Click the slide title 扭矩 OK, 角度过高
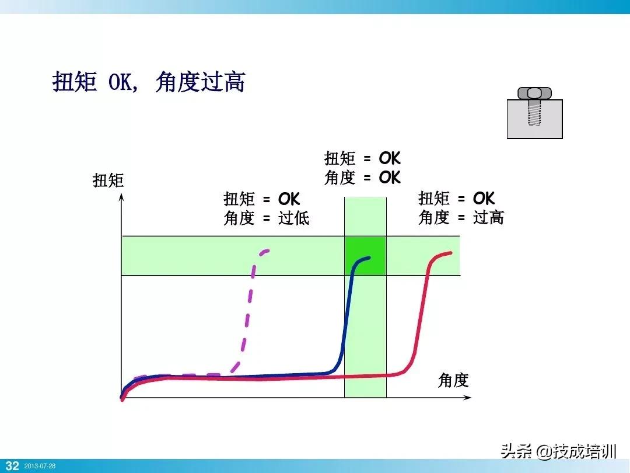tap(148, 83)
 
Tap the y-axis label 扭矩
tap(108, 180)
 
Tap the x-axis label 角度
tap(453, 381)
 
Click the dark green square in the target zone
tap(365, 256)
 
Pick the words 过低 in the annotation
tap(293, 218)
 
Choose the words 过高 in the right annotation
tap(488, 218)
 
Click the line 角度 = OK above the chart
tap(362, 178)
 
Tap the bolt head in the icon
tap(534, 93)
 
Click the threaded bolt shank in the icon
tap(534, 112)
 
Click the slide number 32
tap(12, 465)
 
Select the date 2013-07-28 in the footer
tap(40, 466)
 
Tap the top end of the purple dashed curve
tap(268, 251)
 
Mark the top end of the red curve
tap(451, 253)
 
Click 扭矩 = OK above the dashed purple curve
tap(261, 199)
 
